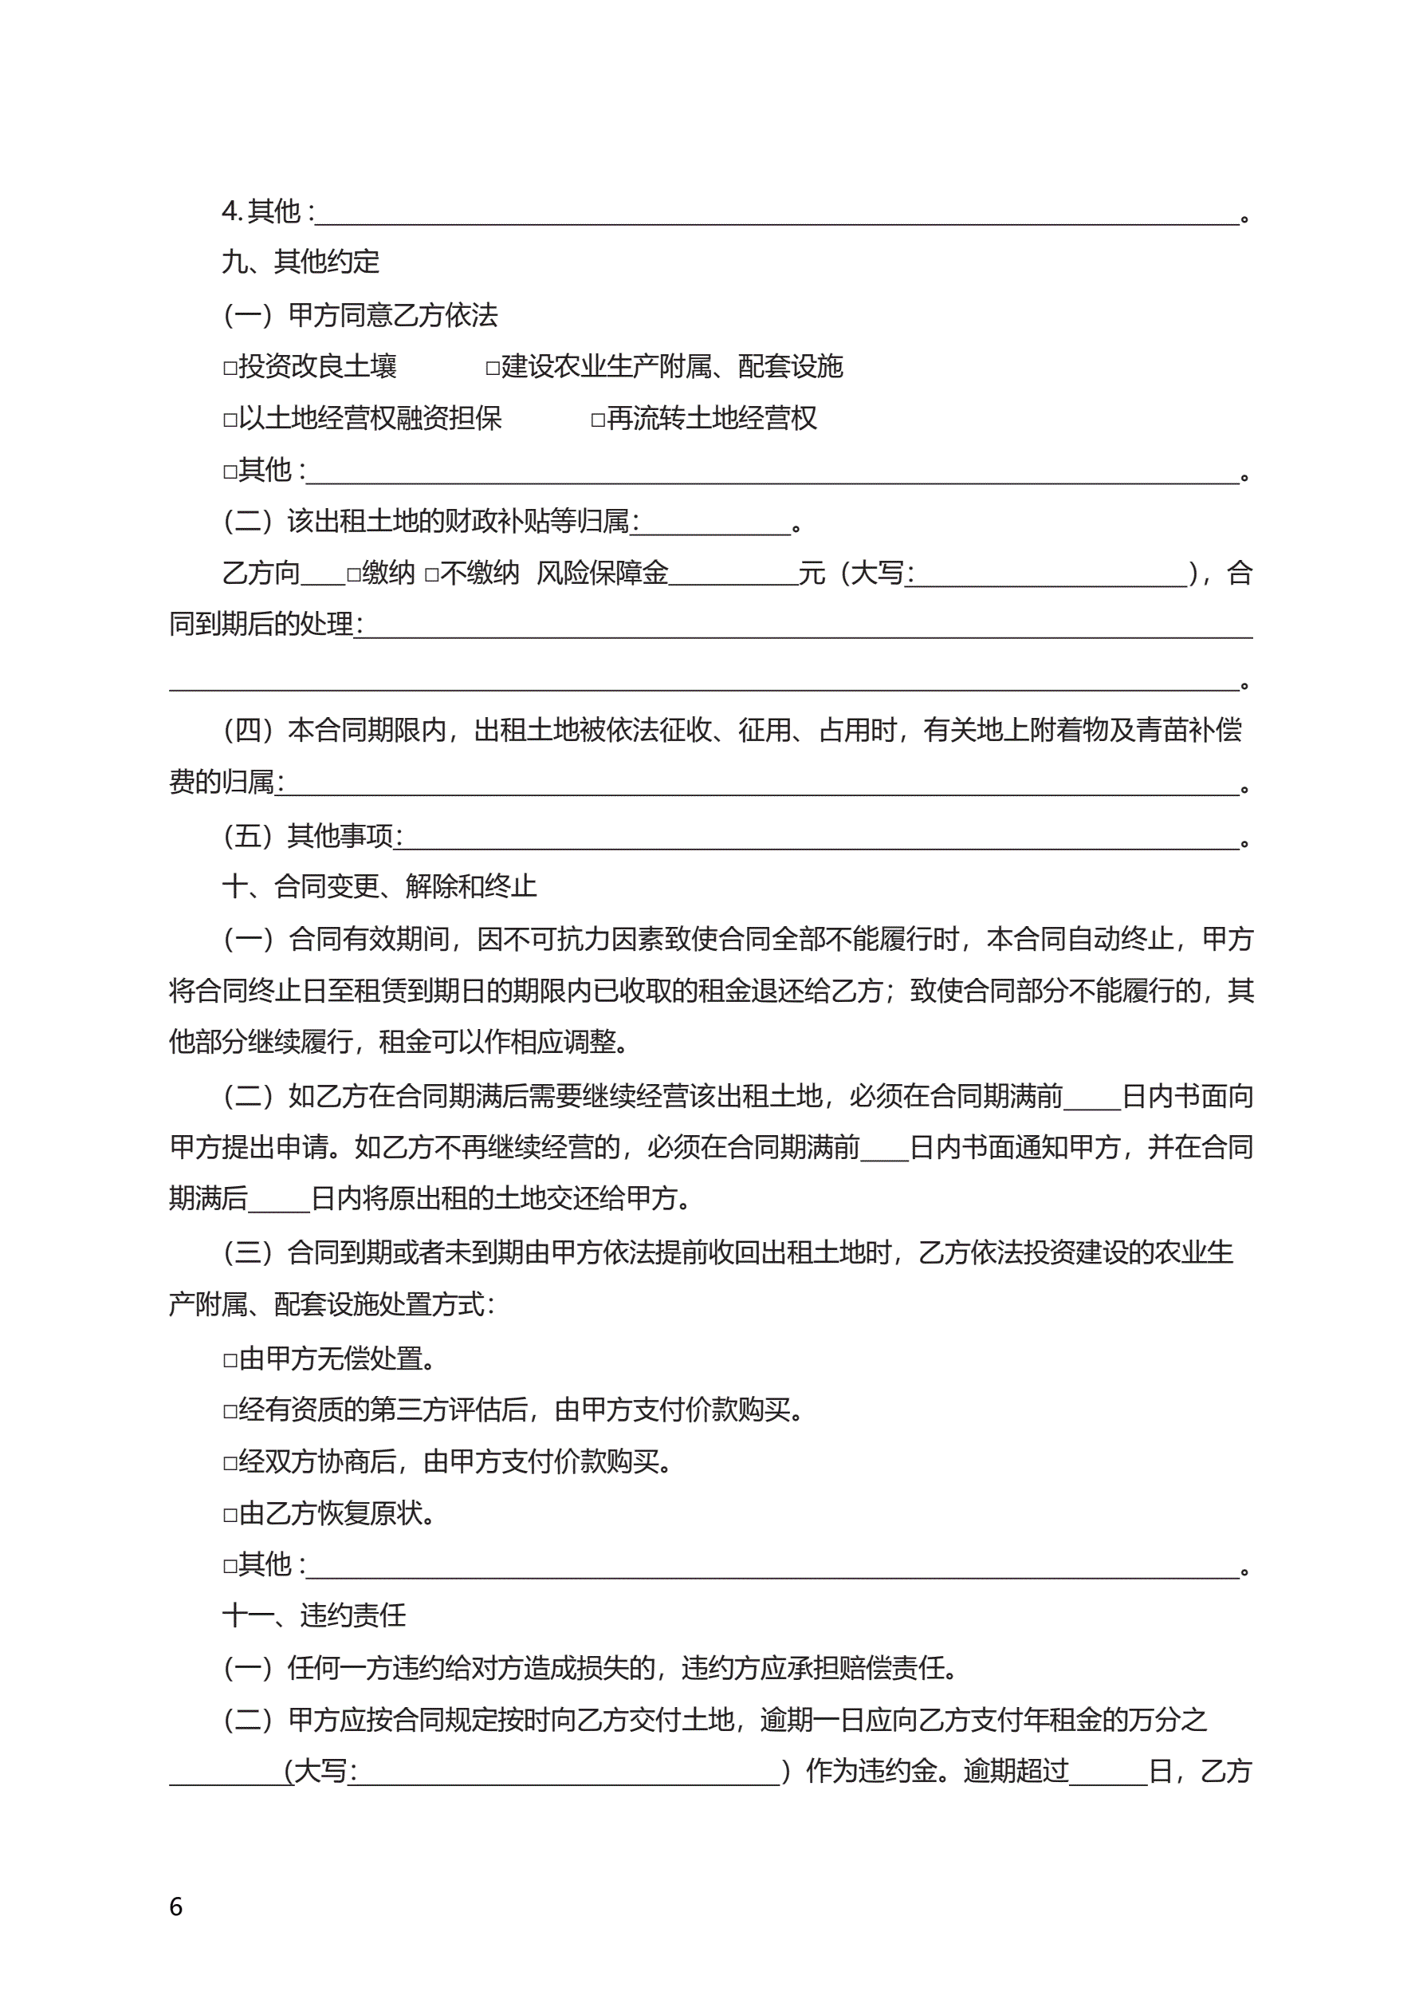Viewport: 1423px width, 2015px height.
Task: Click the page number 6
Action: coord(175,1907)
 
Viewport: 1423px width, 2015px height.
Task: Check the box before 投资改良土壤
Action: coord(230,369)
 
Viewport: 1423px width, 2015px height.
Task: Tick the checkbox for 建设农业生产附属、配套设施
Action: coord(493,369)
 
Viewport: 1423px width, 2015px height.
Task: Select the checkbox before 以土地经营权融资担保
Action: coord(230,420)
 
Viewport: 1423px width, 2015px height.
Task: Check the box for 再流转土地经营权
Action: coord(599,420)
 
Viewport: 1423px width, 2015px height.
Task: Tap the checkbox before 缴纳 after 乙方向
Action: coord(353,576)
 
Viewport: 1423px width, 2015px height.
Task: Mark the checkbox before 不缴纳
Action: coord(431,576)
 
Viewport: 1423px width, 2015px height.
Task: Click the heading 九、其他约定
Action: coord(300,262)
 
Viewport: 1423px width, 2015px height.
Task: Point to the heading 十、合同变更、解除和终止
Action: coord(379,886)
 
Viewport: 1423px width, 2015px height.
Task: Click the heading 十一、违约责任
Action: coord(313,1615)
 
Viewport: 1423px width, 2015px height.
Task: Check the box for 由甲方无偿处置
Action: coord(230,1361)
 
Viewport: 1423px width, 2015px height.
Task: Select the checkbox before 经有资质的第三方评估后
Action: coord(230,1412)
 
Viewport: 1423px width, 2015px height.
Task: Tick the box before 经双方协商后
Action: coord(230,1464)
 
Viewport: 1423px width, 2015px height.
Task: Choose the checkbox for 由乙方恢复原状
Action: coord(230,1516)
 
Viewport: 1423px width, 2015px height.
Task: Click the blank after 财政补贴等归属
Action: coord(713,525)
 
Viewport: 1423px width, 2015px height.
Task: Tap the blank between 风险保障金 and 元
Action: coord(733,576)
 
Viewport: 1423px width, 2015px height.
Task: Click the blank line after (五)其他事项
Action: coord(820,839)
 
